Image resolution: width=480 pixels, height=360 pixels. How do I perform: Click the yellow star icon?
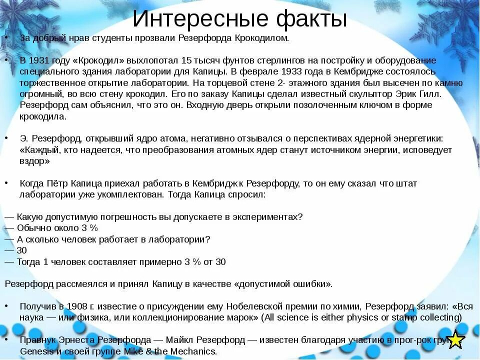pyautogui.click(x=455, y=339)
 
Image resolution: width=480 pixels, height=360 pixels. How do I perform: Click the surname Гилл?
pyautogui.click(x=426, y=93)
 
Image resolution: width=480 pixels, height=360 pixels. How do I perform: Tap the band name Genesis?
pyautogui.click(x=36, y=351)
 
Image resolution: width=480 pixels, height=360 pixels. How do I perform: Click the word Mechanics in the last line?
pyautogui.click(x=195, y=351)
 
